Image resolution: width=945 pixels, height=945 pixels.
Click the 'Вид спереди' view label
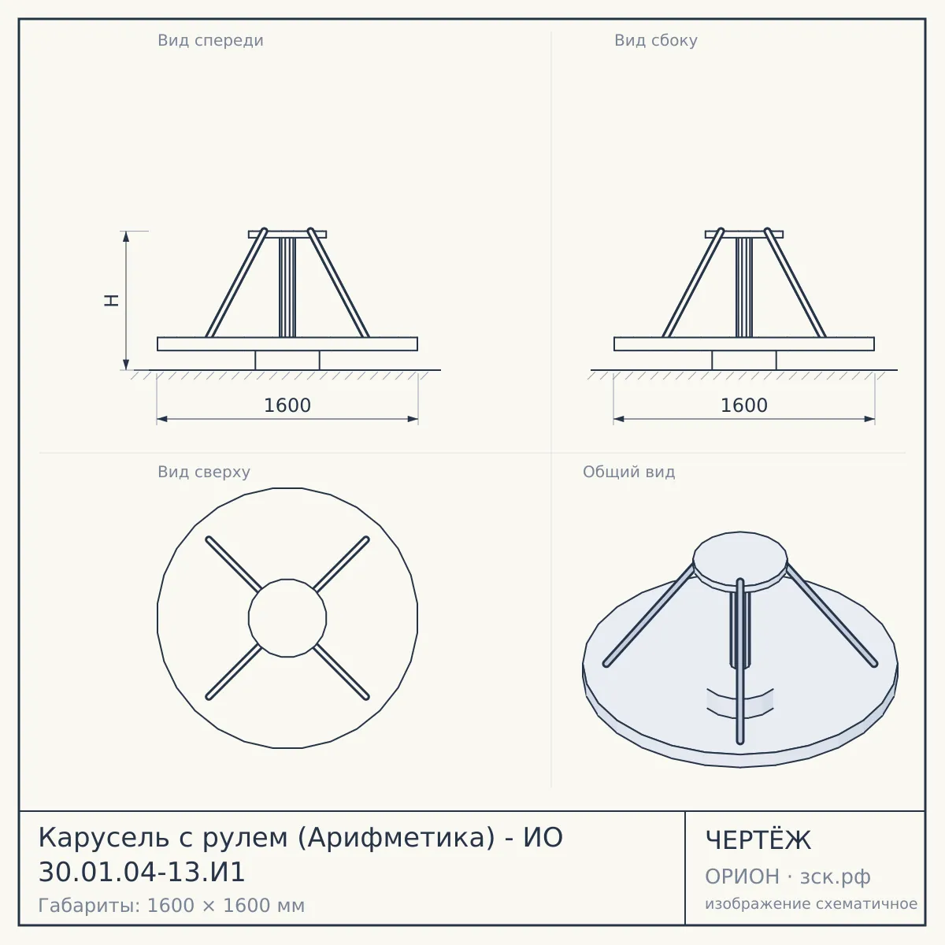click(210, 41)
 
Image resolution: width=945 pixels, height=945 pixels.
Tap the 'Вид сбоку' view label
click(656, 41)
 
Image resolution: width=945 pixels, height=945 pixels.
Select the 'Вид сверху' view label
click(204, 472)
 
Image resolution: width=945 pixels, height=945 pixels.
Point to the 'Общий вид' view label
click(628, 472)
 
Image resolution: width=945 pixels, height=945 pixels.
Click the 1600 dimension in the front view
click(287, 406)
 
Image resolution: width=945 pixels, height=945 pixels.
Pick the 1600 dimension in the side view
click(744, 406)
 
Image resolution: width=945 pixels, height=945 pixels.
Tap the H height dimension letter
click(112, 300)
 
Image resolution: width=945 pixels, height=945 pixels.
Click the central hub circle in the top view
click(287, 618)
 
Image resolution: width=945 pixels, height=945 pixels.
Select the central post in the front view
click(287, 287)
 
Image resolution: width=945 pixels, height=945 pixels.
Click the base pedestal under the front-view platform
click(287, 360)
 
